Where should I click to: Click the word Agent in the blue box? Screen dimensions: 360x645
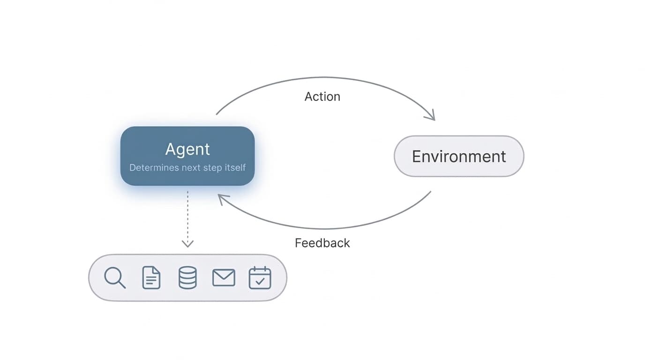tap(187, 149)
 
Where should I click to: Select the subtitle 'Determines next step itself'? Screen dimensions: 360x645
tap(187, 168)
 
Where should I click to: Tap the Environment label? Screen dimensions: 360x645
tap(458, 156)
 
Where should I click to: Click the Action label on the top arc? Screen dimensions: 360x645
tap(322, 97)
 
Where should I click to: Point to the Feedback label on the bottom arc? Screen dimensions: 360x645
tap(322, 243)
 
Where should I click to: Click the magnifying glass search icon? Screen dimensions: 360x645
tap(114, 277)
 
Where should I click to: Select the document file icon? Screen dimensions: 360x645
tap(151, 277)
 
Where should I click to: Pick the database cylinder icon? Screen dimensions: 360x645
tap(187, 277)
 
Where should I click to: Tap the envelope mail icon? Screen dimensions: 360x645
tap(224, 277)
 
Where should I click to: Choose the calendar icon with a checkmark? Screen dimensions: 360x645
tap(260, 277)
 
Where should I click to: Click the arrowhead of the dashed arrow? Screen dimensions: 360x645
tap(187, 243)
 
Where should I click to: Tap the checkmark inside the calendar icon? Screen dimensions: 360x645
tap(260, 281)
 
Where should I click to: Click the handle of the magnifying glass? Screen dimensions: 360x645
tap(122, 285)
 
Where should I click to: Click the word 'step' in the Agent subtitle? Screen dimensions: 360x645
tap(213, 168)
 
